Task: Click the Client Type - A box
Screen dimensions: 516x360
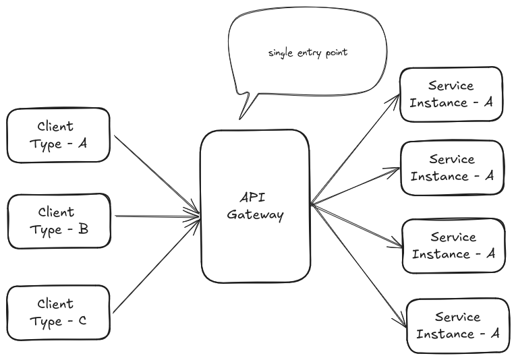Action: (58, 135)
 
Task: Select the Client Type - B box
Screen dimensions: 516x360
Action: (59, 221)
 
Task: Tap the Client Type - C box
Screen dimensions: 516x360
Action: (58, 313)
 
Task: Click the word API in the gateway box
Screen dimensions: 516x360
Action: (252, 198)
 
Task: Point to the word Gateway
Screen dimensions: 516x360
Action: (255, 215)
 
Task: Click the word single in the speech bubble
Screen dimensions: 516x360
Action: (281, 53)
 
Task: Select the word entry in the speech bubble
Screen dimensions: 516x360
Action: (310, 53)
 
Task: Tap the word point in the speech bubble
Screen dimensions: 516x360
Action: (337, 53)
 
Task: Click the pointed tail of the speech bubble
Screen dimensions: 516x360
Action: (239, 119)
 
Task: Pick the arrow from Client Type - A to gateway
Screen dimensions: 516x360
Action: (157, 175)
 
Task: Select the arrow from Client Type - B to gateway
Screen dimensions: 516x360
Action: (157, 216)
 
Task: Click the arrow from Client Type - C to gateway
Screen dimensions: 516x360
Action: (156, 265)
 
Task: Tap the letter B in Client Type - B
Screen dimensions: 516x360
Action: (84, 229)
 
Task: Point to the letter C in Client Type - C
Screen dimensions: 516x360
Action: (82, 320)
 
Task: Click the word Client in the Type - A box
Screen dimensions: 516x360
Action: (55, 126)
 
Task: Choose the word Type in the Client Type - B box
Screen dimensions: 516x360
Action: (45, 230)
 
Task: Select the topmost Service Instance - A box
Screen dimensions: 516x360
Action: (451, 94)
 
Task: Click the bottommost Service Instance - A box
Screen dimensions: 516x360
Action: (458, 326)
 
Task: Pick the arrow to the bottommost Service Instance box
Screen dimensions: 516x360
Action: (358, 266)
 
